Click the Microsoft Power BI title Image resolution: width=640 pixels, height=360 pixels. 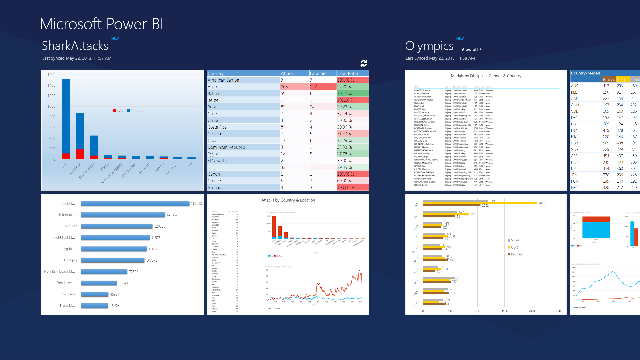[101, 24]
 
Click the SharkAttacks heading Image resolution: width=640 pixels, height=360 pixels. [75, 46]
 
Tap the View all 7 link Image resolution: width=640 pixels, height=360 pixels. [471, 49]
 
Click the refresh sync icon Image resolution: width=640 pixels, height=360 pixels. [364, 63]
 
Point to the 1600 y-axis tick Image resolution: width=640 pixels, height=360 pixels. [51, 75]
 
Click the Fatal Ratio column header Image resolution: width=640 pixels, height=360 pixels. [347, 73]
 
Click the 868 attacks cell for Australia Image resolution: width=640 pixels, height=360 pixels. [284, 87]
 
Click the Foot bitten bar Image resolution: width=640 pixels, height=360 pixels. [135, 203]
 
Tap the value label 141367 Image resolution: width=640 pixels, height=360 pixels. [172, 215]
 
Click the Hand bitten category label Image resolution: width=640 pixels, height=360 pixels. [69, 305]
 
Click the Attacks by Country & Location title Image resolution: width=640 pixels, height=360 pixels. [288, 200]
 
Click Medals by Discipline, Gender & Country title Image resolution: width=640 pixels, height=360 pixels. [486, 76]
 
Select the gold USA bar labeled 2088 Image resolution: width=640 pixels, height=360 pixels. [480, 203]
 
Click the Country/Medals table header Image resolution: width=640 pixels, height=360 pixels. [585, 73]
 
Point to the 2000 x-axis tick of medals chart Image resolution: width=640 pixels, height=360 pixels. [532, 311]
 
